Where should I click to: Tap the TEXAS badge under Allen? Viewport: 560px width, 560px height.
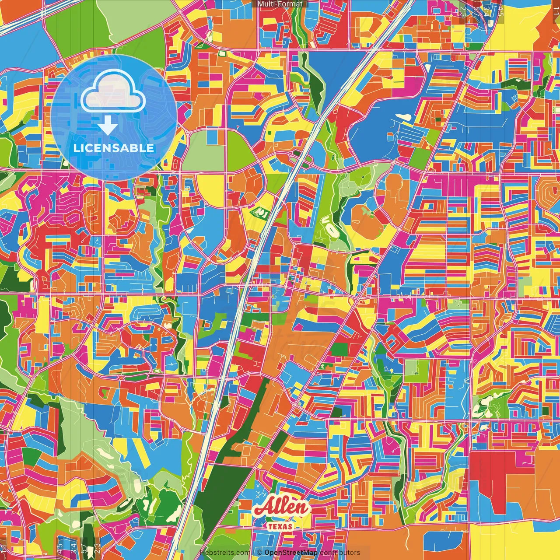click(x=280, y=526)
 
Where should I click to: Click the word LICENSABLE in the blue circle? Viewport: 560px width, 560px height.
click(x=114, y=148)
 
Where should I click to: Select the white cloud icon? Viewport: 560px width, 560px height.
click(x=113, y=91)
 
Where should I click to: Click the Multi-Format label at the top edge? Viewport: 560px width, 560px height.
click(x=280, y=4)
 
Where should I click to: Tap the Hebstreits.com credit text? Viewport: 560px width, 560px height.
click(x=225, y=553)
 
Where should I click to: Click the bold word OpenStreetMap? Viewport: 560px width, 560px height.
click(x=290, y=553)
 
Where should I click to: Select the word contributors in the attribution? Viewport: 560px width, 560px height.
click(x=340, y=553)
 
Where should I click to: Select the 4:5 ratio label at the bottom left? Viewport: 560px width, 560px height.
click(x=60, y=548)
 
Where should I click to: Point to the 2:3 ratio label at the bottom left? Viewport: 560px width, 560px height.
click(x=97, y=548)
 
